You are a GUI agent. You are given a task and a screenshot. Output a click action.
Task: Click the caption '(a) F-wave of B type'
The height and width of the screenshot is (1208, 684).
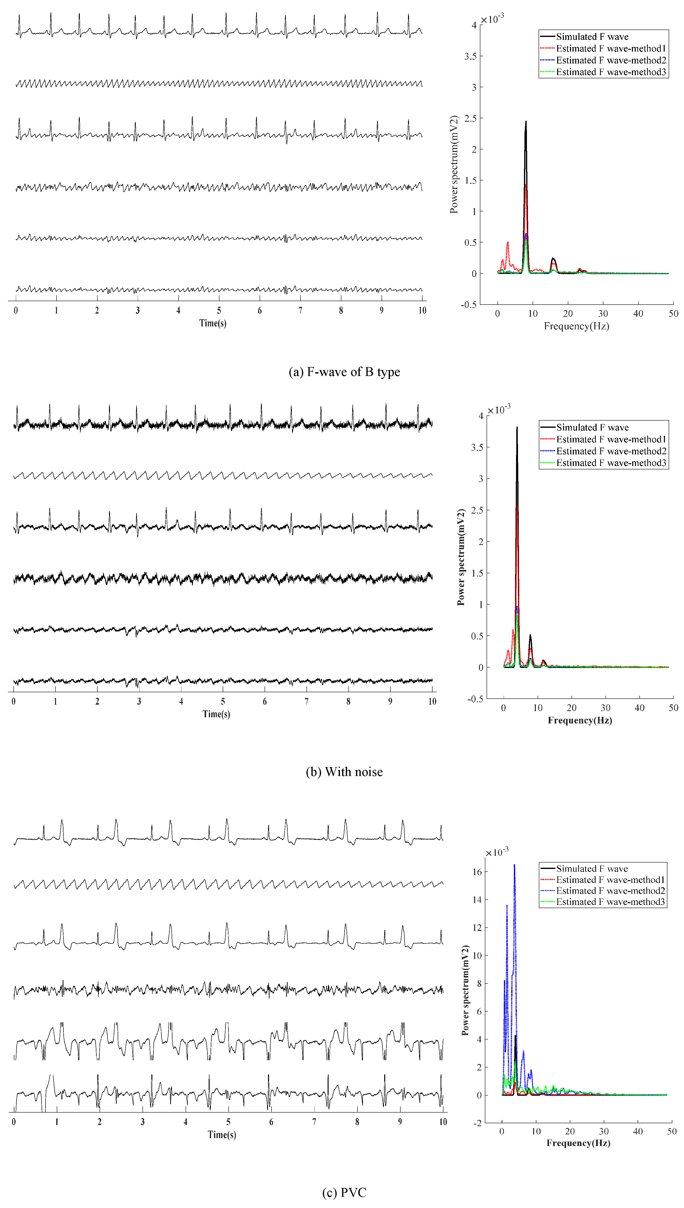(344, 372)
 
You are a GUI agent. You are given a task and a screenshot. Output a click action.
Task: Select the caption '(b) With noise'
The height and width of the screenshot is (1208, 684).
(344, 772)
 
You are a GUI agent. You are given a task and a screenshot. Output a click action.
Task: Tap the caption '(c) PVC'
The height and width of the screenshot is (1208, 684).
(344, 1192)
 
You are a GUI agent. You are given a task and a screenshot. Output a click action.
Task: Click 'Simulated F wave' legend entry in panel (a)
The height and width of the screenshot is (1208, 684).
(592, 37)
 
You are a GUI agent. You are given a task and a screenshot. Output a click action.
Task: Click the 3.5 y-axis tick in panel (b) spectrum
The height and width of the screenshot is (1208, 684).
(477, 447)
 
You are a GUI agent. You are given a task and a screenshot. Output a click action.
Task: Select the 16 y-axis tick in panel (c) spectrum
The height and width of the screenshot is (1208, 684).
(477, 872)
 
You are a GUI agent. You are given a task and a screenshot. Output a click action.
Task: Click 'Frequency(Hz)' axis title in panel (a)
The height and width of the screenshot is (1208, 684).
(576, 326)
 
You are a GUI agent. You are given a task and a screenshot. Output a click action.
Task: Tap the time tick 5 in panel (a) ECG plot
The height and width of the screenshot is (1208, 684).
(219, 311)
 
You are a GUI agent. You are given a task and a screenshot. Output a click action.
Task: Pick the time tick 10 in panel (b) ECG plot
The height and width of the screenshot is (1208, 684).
(432, 701)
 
